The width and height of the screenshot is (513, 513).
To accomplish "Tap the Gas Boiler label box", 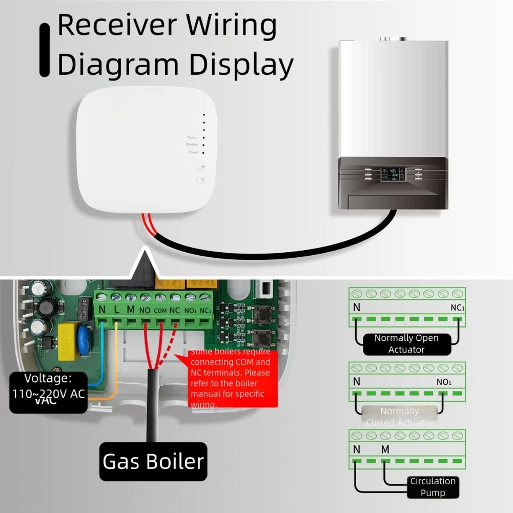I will coord(153,461).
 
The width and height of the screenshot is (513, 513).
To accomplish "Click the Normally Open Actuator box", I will coord(406,344).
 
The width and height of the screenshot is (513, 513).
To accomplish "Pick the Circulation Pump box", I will coord(433,487).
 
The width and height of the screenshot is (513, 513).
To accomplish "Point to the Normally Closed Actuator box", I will coord(399,416).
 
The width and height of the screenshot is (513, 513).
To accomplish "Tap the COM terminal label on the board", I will coord(160,311).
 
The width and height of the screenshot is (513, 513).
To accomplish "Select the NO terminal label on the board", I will coord(145,311).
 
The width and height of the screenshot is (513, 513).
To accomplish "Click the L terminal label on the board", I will coord(116,310).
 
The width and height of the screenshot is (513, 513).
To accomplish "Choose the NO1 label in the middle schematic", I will coord(444,382).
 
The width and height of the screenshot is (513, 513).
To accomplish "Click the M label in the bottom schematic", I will coord(385,449).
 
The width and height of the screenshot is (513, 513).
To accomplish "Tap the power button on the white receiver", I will coord(203,179).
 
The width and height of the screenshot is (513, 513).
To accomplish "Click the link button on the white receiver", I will coord(203,167).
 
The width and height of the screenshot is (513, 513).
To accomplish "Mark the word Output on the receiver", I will coord(193,137).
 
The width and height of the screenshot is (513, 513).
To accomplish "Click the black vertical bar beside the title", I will coord(45,50).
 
